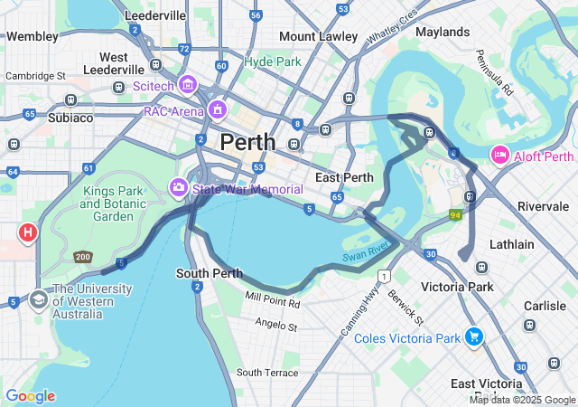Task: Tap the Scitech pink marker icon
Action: tap(189, 85)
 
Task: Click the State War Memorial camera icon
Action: tap(179, 188)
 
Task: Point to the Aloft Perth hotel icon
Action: tap(499, 156)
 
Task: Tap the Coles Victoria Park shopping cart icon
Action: tap(474, 338)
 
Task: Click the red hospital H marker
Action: tap(28, 233)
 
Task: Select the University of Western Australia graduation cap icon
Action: tap(39, 298)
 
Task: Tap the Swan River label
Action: tap(366, 252)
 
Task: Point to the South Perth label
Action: tap(209, 273)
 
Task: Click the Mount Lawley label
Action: tap(318, 36)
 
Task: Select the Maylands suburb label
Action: tap(443, 31)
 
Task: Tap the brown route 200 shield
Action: tap(84, 258)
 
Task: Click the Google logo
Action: tap(30, 396)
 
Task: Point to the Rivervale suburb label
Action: tap(543, 206)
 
